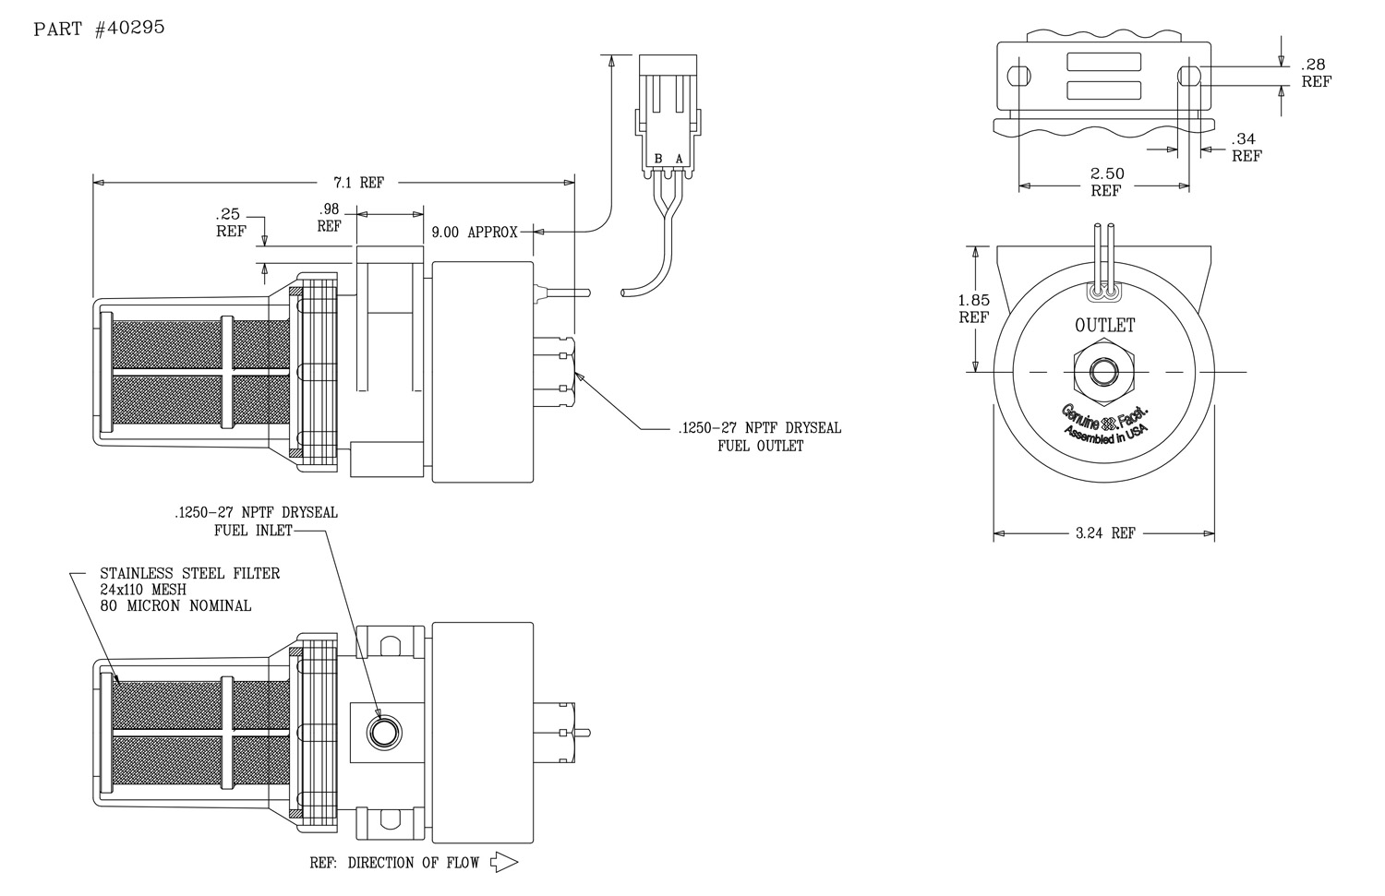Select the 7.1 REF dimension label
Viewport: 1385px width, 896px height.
click(x=358, y=183)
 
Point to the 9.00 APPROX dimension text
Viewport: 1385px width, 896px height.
click(x=475, y=233)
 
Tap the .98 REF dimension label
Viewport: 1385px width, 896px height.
click(x=329, y=218)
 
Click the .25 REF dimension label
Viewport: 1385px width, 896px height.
click(x=230, y=222)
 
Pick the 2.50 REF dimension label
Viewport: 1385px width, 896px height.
click(x=1106, y=183)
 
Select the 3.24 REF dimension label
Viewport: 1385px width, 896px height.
click(x=1105, y=533)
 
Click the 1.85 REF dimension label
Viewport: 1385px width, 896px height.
click(x=974, y=309)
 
